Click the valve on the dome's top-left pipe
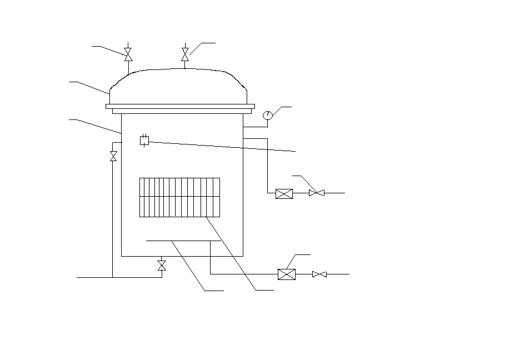pyautogui.click(x=128, y=54)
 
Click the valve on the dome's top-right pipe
pyautogui.click(x=185, y=54)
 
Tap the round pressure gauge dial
pyautogui.click(x=268, y=115)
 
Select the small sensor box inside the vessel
pyautogui.click(x=144, y=141)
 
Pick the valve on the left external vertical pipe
pyautogui.click(x=113, y=156)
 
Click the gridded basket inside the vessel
pyautogui.click(x=179, y=197)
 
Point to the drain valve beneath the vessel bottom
pyautogui.click(x=162, y=266)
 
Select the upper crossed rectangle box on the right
pyautogui.click(x=284, y=193)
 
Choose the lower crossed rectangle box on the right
pyautogui.click(x=286, y=274)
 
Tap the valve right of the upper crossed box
pyautogui.click(x=316, y=193)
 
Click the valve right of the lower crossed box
pyautogui.click(x=319, y=274)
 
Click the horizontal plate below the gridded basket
pyautogui.click(x=178, y=241)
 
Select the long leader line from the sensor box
pyautogui.click(x=222, y=147)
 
